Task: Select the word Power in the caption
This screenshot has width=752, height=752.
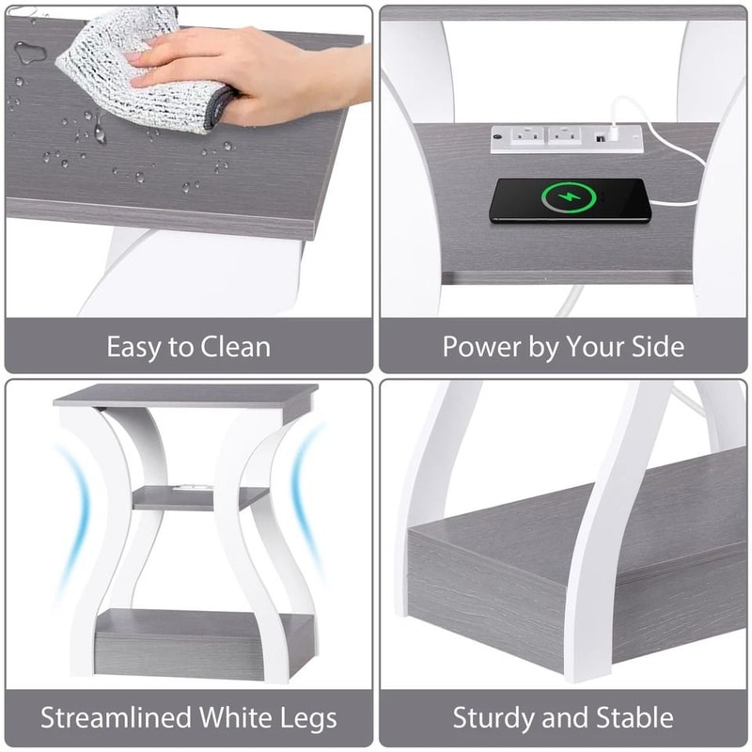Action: pyautogui.click(x=480, y=347)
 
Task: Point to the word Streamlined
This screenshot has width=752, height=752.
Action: pyautogui.click(x=117, y=719)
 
